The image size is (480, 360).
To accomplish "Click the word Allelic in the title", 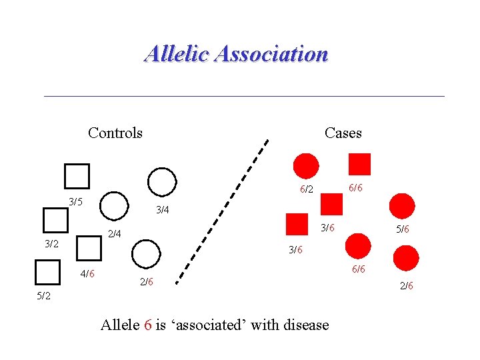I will click(x=176, y=53).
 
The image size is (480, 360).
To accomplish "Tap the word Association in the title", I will click(x=271, y=53).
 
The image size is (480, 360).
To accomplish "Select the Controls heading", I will click(x=115, y=133).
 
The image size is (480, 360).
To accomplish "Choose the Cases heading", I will click(x=343, y=133).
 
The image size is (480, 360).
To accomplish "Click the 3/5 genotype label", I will click(x=76, y=201).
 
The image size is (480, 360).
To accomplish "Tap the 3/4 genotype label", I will click(x=162, y=211).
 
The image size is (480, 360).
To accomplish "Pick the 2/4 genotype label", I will click(x=115, y=233).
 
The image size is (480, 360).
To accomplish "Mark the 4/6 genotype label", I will click(x=87, y=273).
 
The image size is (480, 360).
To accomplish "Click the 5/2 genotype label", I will click(x=43, y=295).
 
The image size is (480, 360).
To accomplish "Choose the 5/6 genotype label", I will click(x=402, y=229).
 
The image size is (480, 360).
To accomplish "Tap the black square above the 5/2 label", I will click(x=47, y=273).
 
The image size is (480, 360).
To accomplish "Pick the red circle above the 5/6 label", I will click(x=401, y=206).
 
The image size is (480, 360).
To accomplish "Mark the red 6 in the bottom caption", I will click(x=147, y=325).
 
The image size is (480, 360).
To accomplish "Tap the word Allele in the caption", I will click(x=120, y=325).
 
